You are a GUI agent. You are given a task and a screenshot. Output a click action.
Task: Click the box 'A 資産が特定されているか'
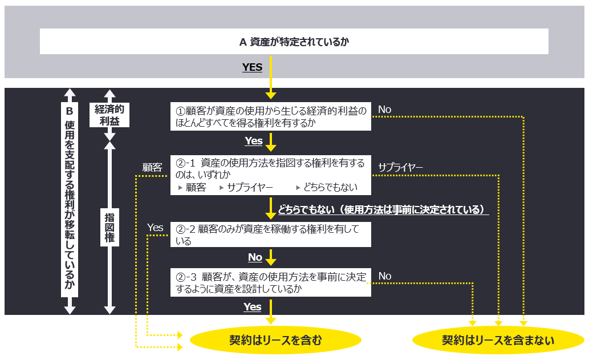coord(294,42)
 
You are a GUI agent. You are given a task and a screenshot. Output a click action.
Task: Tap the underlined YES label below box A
coord(252,67)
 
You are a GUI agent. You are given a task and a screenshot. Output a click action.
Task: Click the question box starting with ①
coord(271,116)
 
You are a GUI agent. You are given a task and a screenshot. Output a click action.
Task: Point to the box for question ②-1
coord(271,175)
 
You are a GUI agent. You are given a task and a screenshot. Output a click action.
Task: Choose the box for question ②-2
coord(271,235)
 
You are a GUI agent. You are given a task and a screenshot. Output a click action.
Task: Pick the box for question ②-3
coord(271,282)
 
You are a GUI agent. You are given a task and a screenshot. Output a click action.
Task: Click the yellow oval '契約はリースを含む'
coord(275,341)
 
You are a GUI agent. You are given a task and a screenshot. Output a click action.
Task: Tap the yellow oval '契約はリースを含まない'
coord(498,341)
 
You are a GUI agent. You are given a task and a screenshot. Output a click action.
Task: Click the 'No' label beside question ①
coord(385,110)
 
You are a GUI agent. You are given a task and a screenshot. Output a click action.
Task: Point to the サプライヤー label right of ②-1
coord(400,167)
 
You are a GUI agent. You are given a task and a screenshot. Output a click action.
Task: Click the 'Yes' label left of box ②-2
coord(155,228)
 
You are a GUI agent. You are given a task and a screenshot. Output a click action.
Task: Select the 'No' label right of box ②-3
coord(385,276)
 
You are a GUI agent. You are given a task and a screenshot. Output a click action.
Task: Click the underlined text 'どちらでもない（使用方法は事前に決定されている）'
coord(383,209)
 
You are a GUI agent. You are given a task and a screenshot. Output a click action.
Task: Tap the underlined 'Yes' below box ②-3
coord(253,307)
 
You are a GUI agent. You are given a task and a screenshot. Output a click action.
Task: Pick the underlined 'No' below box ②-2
coord(255,257)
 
